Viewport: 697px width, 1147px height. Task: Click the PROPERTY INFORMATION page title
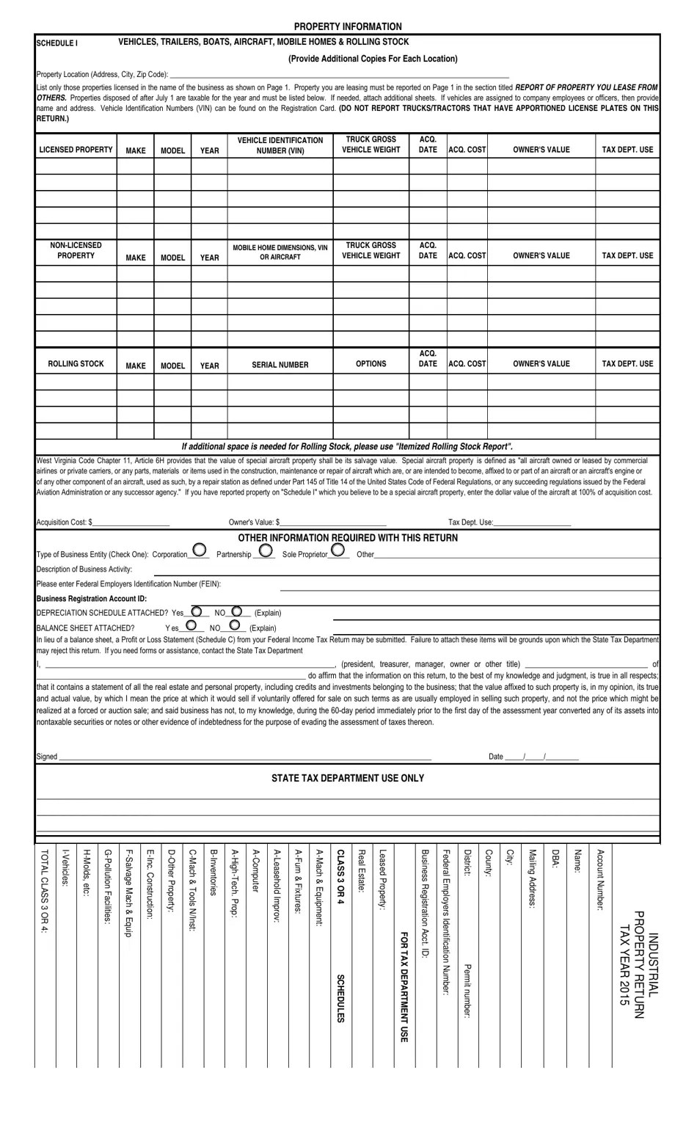(348, 26)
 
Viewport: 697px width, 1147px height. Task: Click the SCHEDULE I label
(56, 43)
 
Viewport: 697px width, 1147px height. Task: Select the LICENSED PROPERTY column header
(76, 150)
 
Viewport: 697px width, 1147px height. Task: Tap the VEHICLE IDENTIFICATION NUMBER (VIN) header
(280, 145)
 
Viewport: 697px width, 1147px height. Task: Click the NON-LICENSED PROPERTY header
(76, 250)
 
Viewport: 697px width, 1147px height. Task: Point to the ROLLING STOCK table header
(76, 364)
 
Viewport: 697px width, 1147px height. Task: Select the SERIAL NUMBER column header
(280, 365)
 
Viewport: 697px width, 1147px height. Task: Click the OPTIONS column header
(371, 364)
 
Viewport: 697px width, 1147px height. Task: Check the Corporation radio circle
(199, 550)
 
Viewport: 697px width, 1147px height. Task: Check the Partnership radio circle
(266, 550)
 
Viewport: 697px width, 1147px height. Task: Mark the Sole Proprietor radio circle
(337, 550)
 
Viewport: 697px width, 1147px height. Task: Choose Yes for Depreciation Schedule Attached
(196, 611)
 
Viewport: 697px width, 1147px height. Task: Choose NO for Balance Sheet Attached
(234, 625)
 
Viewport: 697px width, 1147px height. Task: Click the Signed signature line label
(47, 757)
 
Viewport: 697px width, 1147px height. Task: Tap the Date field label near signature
(496, 757)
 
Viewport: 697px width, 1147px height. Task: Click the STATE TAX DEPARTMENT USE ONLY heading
(348, 778)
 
